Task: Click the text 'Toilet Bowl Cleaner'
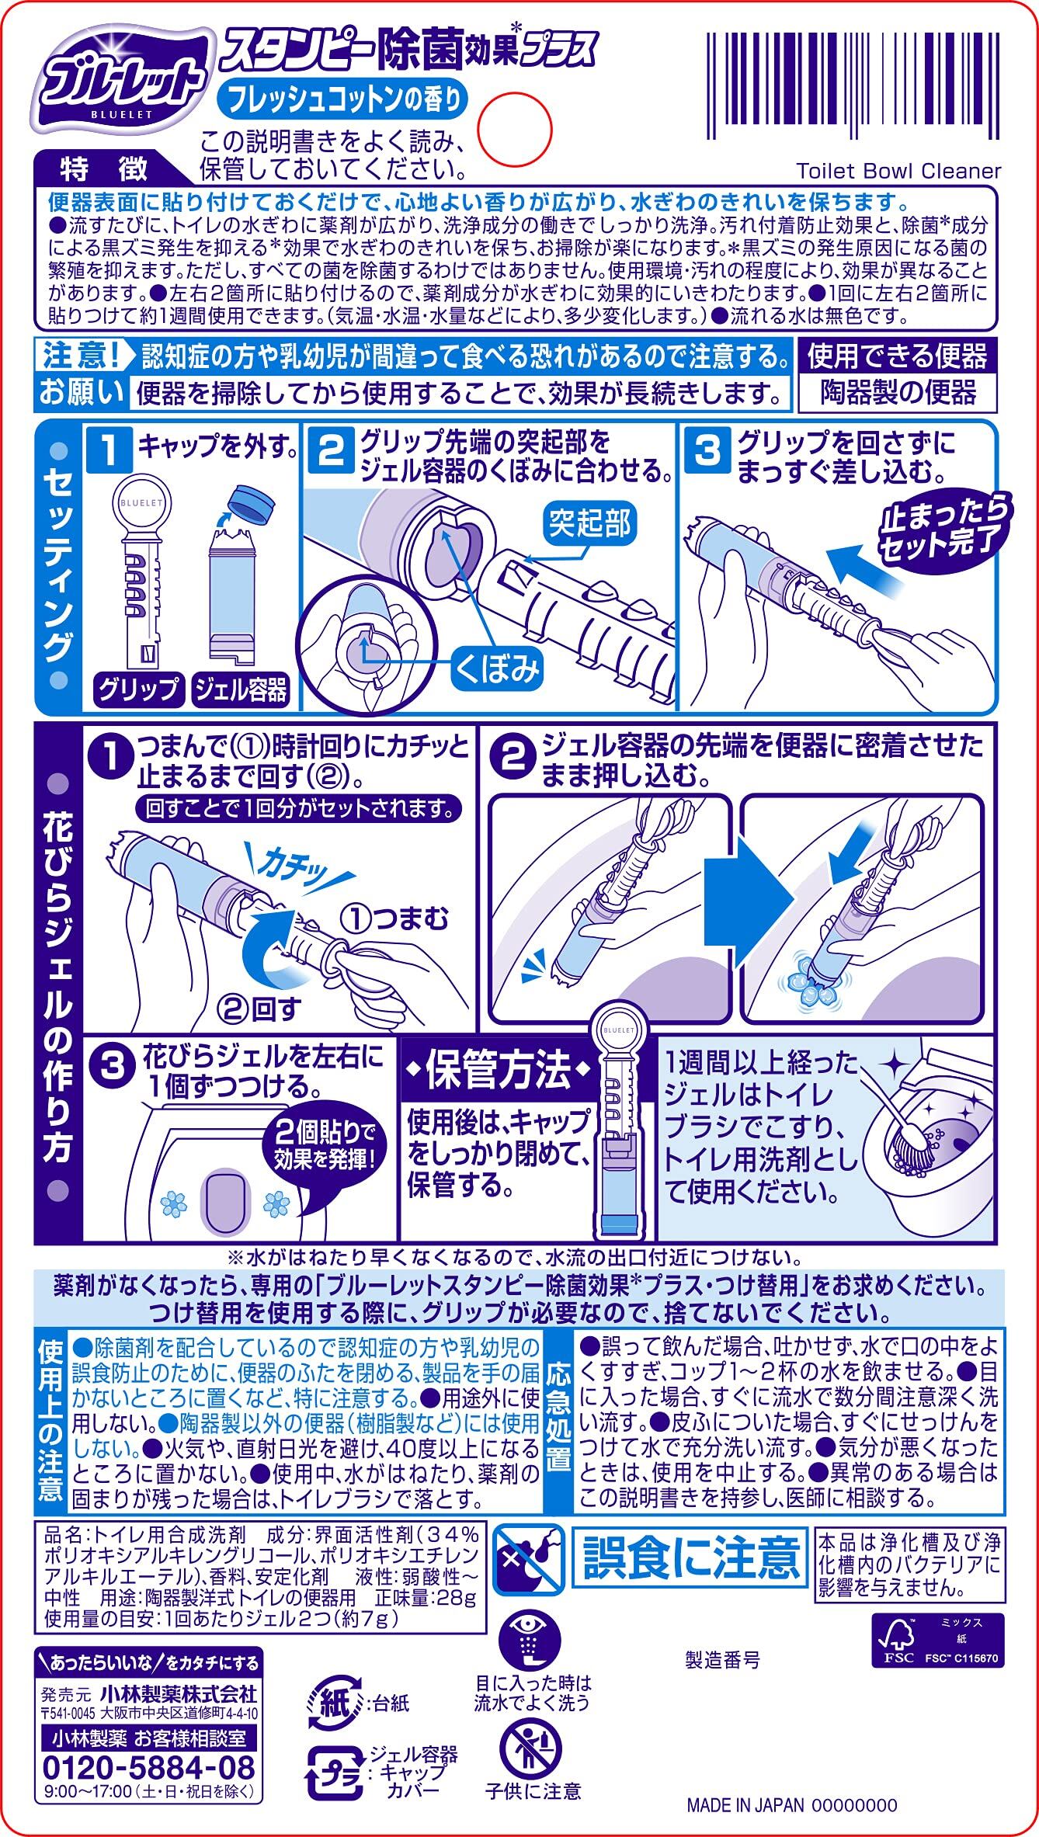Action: pos(898,171)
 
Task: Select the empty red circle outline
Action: pos(513,127)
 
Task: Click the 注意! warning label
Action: pos(82,356)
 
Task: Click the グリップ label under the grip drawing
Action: pos(138,689)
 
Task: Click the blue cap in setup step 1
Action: pos(253,504)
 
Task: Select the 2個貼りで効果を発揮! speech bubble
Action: pos(325,1147)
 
